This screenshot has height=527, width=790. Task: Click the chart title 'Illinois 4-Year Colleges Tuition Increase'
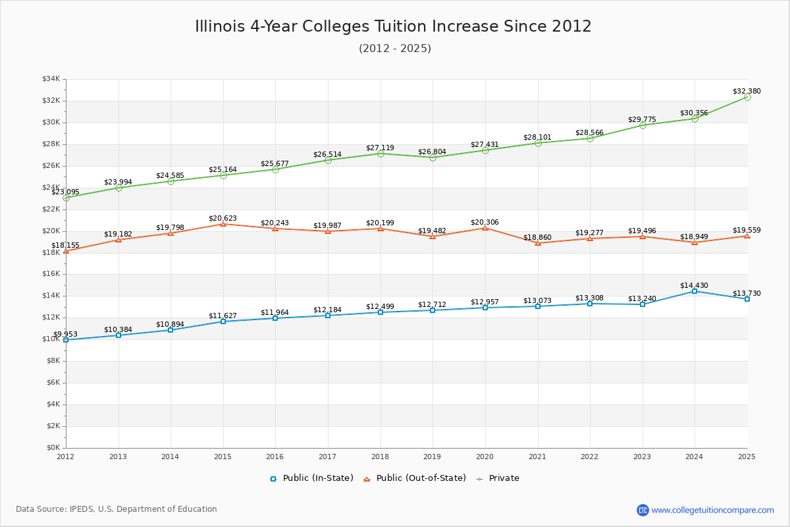(393, 26)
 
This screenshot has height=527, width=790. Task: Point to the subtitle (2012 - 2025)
(395, 48)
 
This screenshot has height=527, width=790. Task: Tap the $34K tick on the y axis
(51, 79)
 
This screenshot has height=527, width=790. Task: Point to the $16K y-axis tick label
(51, 274)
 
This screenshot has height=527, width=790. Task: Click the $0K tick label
(53, 448)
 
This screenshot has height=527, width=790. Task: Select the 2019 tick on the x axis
(433, 456)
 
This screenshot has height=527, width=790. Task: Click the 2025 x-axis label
(747, 456)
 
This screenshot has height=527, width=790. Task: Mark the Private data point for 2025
(747, 97)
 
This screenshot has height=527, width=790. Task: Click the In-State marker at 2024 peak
(695, 291)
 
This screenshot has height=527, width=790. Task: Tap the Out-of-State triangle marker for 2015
(223, 224)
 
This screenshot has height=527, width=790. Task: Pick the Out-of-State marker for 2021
(538, 243)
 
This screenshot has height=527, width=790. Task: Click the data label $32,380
(747, 91)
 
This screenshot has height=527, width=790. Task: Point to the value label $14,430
(694, 285)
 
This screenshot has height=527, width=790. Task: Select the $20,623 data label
(223, 218)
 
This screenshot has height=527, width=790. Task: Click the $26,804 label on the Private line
(432, 152)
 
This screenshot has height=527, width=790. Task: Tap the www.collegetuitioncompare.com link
(712, 510)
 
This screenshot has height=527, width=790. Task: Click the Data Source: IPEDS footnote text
(117, 509)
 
